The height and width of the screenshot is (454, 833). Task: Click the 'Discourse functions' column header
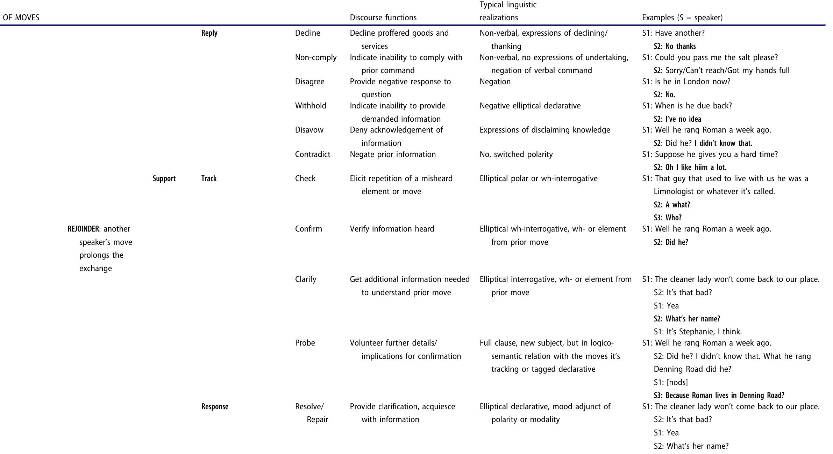pyautogui.click(x=383, y=17)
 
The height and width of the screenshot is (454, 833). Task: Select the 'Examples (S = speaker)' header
pyautogui.click(x=682, y=17)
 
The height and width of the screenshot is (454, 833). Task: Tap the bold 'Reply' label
pyautogui.click(x=209, y=33)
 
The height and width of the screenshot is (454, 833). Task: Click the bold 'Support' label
pyautogui.click(x=164, y=178)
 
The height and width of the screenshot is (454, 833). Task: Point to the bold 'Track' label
pyautogui.click(x=209, y=178)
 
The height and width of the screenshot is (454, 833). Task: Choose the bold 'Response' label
pyautogui.click(x=215, y=406)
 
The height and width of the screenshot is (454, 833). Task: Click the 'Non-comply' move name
pyautogui.click(x=316, y=57)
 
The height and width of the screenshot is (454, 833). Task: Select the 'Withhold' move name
pyautogui.click(x=311, y=106)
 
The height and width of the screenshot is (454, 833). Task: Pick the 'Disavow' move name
pyautogui.click(x=309, y=130)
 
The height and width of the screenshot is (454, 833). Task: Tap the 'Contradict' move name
pyautogui.click(x=313, y=154)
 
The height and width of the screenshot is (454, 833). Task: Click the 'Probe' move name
pyautogui.click(x=305, y=343)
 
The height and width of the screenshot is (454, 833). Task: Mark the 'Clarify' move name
pyautogui.click(x=306, y=279)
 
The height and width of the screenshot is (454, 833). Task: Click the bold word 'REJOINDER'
pyautogui.click(x=83, y=229)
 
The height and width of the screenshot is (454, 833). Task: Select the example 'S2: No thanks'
pyautogui.click(x=675, y=46)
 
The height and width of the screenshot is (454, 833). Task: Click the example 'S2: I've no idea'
pyautogui.click(x=677, y=119)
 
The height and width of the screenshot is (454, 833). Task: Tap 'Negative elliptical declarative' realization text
pyautogui.click(x=530, y=106)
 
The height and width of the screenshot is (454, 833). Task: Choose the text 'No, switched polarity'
pyautogui.click(x=516, y=154)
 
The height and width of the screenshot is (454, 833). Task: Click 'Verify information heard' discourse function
pyautogui.click(x=392, y=229)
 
